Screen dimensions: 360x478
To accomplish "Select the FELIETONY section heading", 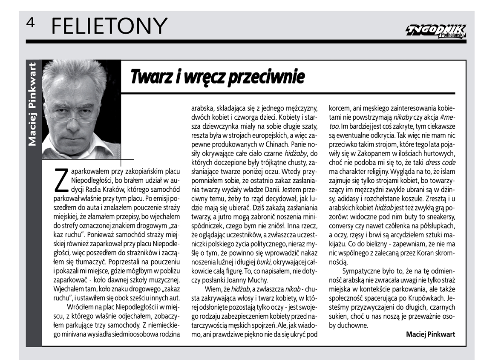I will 108,26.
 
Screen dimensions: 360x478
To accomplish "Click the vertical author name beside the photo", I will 32,104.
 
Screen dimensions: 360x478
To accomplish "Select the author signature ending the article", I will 430,334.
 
